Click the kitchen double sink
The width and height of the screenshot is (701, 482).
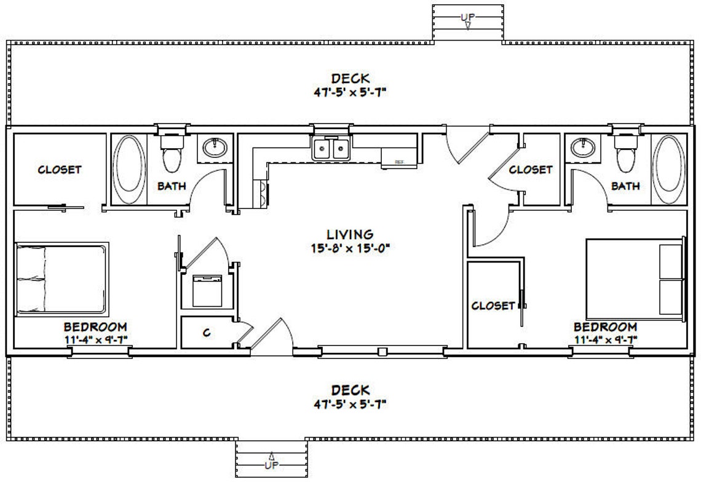331,149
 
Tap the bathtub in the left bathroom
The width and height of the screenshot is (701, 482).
129,170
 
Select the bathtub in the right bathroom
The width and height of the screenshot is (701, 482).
669,170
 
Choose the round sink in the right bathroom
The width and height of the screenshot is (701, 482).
581,148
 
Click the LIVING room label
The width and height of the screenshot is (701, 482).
350,234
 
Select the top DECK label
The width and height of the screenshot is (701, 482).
350,79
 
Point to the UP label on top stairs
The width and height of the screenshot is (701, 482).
467,17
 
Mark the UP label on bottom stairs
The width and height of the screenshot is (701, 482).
271,465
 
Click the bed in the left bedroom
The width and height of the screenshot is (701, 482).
60,279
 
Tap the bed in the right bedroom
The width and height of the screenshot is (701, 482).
635,280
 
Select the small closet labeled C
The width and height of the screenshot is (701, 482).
207,333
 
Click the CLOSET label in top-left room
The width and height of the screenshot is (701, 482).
60,170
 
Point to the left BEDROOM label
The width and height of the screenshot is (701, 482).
96,326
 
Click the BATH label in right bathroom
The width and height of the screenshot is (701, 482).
625,186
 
